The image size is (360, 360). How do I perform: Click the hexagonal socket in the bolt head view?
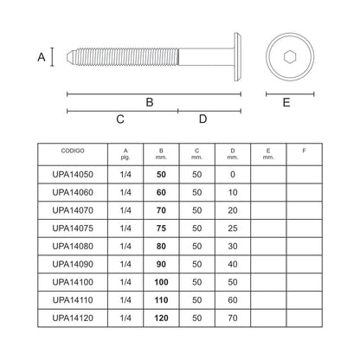[x=290, y=57]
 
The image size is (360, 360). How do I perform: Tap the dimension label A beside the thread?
[x=42, y=57]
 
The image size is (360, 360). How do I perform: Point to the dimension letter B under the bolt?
[x=150, y=102]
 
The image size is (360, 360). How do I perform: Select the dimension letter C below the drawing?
[x=120, y=119]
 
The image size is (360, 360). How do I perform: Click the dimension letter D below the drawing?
[x=203, y=119]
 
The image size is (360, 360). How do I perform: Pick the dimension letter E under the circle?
[x=286, y=102]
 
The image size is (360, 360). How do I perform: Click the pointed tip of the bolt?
[x=67, y=57]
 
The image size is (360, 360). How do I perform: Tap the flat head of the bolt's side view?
[x=237, y=57]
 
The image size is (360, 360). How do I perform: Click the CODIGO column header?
[x=73, y=151]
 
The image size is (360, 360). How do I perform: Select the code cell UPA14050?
[x=73, y=174]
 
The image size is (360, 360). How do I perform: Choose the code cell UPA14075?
[x=73, y=228]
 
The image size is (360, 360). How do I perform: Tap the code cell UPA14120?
[x=73, y=318]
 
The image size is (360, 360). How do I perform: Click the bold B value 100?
[x=161, y=282]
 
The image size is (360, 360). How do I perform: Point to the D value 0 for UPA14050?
[x=233, y=174]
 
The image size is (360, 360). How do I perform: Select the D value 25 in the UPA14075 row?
[x=233, y=228]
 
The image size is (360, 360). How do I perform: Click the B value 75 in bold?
[x=161, y=228]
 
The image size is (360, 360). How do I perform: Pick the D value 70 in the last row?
[x=233, y=318]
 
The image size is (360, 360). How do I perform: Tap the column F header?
[x=304, y=151]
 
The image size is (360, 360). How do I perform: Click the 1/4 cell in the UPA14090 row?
[x=125, y=264]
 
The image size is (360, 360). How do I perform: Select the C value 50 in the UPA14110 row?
[x=197, y=300]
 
